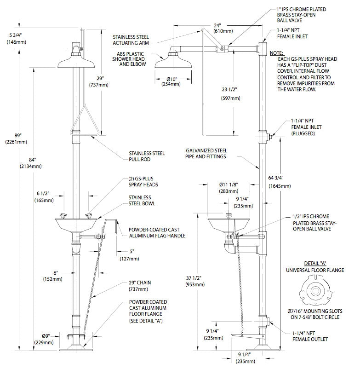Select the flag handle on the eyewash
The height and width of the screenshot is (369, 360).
tap(109, 227)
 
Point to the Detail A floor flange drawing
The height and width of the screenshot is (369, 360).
tap(316, 291)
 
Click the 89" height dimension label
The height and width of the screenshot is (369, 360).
tap(16, 138)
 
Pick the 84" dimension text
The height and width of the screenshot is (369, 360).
tap(31, 163)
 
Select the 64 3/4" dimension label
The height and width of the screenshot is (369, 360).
tap(280, 182)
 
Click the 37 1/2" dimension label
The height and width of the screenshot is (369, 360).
tap(195, 281)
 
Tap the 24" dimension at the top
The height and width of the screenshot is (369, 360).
tap(223, 28)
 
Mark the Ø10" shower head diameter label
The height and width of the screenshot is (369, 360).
tap(171, 81)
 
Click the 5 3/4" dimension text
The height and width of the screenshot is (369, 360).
tap(16, 39)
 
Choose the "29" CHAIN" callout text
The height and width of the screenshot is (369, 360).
tap(140, 286)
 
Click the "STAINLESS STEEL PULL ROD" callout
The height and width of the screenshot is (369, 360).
tap(147, 156)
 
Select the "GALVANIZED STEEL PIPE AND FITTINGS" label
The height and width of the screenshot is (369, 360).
tap(206, 153)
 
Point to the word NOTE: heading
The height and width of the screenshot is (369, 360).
tap(276, 53)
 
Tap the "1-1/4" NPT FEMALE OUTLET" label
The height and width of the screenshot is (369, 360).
tap(310, 336)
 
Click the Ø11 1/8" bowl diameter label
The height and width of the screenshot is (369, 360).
tap(229, 188)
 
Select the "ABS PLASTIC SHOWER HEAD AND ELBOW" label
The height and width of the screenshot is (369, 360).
tap(129, 59)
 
